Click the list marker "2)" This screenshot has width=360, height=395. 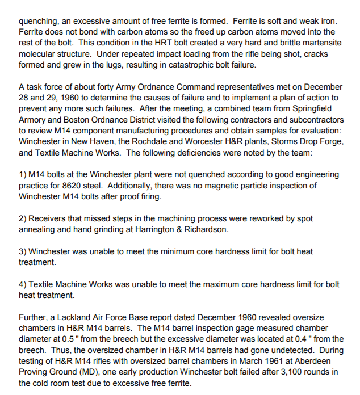click(x=23, y=218)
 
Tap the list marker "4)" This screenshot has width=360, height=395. click(x=23, y=284)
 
